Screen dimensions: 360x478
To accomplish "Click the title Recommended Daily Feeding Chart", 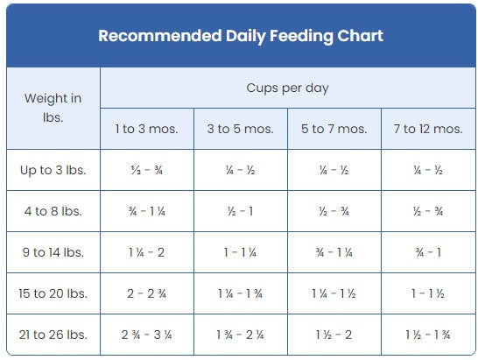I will click(240, 36).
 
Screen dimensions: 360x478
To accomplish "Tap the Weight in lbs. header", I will click(53, 107).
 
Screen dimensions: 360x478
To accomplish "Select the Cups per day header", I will click(287, 88).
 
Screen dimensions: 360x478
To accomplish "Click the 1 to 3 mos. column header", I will click(146, 129).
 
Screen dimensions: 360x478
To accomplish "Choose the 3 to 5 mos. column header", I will click(240, 129).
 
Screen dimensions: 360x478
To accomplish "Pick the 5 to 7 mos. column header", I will click(334, 129).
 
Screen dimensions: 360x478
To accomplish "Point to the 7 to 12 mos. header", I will click(427, 129).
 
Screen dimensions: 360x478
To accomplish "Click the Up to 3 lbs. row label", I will click(53, 170).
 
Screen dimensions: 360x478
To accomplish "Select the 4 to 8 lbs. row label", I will click(53, 211).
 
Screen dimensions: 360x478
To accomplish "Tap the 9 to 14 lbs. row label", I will click(53, 252).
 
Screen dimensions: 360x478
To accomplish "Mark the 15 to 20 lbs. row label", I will click(53, 293).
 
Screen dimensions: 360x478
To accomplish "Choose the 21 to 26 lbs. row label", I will click(53, 335).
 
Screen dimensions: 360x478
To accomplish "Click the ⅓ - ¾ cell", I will click(146, 170).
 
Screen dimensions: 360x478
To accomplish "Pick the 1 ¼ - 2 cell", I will click(146, 252).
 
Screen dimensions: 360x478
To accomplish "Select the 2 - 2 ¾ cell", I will click(146, 293).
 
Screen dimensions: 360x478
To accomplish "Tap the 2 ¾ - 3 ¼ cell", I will click(146, 335).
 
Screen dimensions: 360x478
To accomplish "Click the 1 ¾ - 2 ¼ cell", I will click(240, 335).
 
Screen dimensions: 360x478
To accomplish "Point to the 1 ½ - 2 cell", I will click(334, 335).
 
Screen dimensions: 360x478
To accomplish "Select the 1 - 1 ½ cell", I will click(427, 293).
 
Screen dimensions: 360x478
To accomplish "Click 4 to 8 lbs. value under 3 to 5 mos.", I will click(240, 211).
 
